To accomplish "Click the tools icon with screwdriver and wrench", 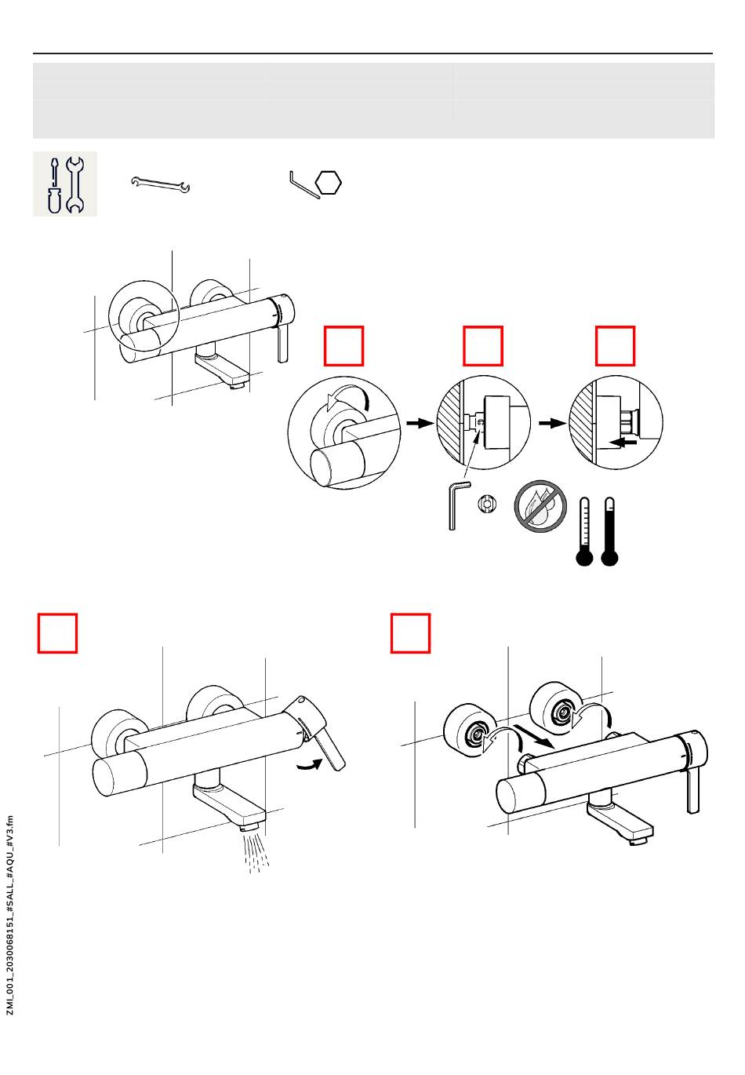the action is pos(65,184).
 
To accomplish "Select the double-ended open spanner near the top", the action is pos(161,185).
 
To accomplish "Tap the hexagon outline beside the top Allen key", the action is pos(329,184).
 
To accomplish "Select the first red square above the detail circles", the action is pos(344,346).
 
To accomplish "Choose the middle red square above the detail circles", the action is pos(483,346).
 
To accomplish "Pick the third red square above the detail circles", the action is pos(615,346).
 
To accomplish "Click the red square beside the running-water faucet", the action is pos(58,632).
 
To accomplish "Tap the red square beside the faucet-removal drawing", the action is pos(411,632).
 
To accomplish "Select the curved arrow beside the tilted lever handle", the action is pos(311,764).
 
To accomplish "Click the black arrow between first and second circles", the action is pos(420,423).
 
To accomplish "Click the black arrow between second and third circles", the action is pos(552,423).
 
